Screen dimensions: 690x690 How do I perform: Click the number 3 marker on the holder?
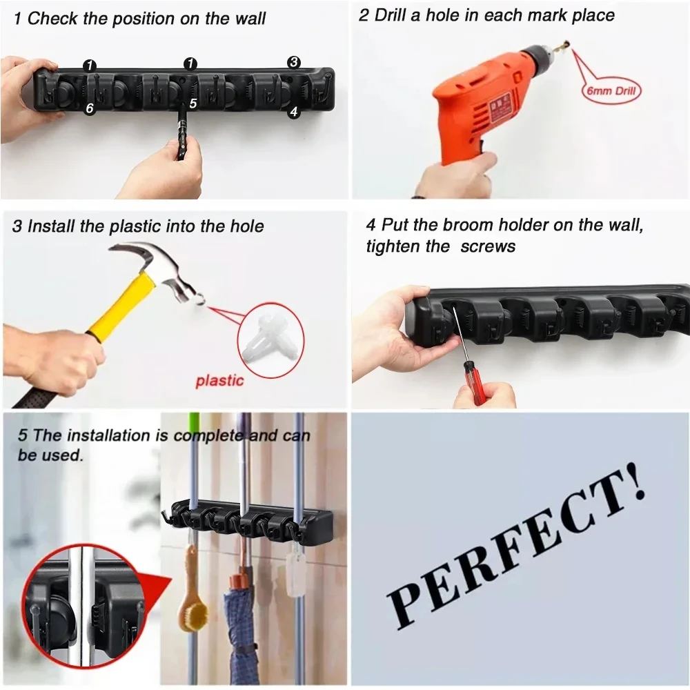(294, 63)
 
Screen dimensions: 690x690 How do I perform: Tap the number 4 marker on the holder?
(294, 111)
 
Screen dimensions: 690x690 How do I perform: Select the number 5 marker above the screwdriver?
(193, 103)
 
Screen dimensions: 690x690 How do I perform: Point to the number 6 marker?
(89, 108)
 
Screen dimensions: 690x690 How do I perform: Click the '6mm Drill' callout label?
(611, 90)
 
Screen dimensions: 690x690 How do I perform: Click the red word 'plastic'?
(219, 381)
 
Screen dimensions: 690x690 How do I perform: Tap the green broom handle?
(193, 448)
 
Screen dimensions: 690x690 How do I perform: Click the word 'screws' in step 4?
(488, 246)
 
